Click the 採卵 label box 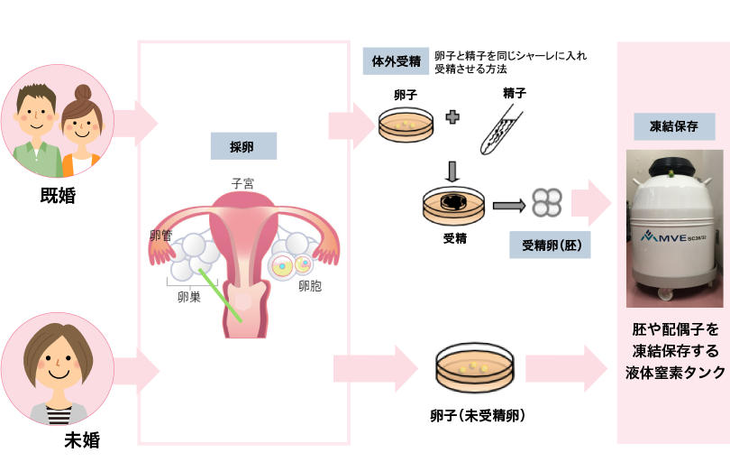point(242,145)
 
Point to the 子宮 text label point(242,183)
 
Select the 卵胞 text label point(311,288)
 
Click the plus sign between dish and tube point(452,118)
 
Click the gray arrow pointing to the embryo point(510,205)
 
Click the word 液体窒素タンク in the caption point(675,373)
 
